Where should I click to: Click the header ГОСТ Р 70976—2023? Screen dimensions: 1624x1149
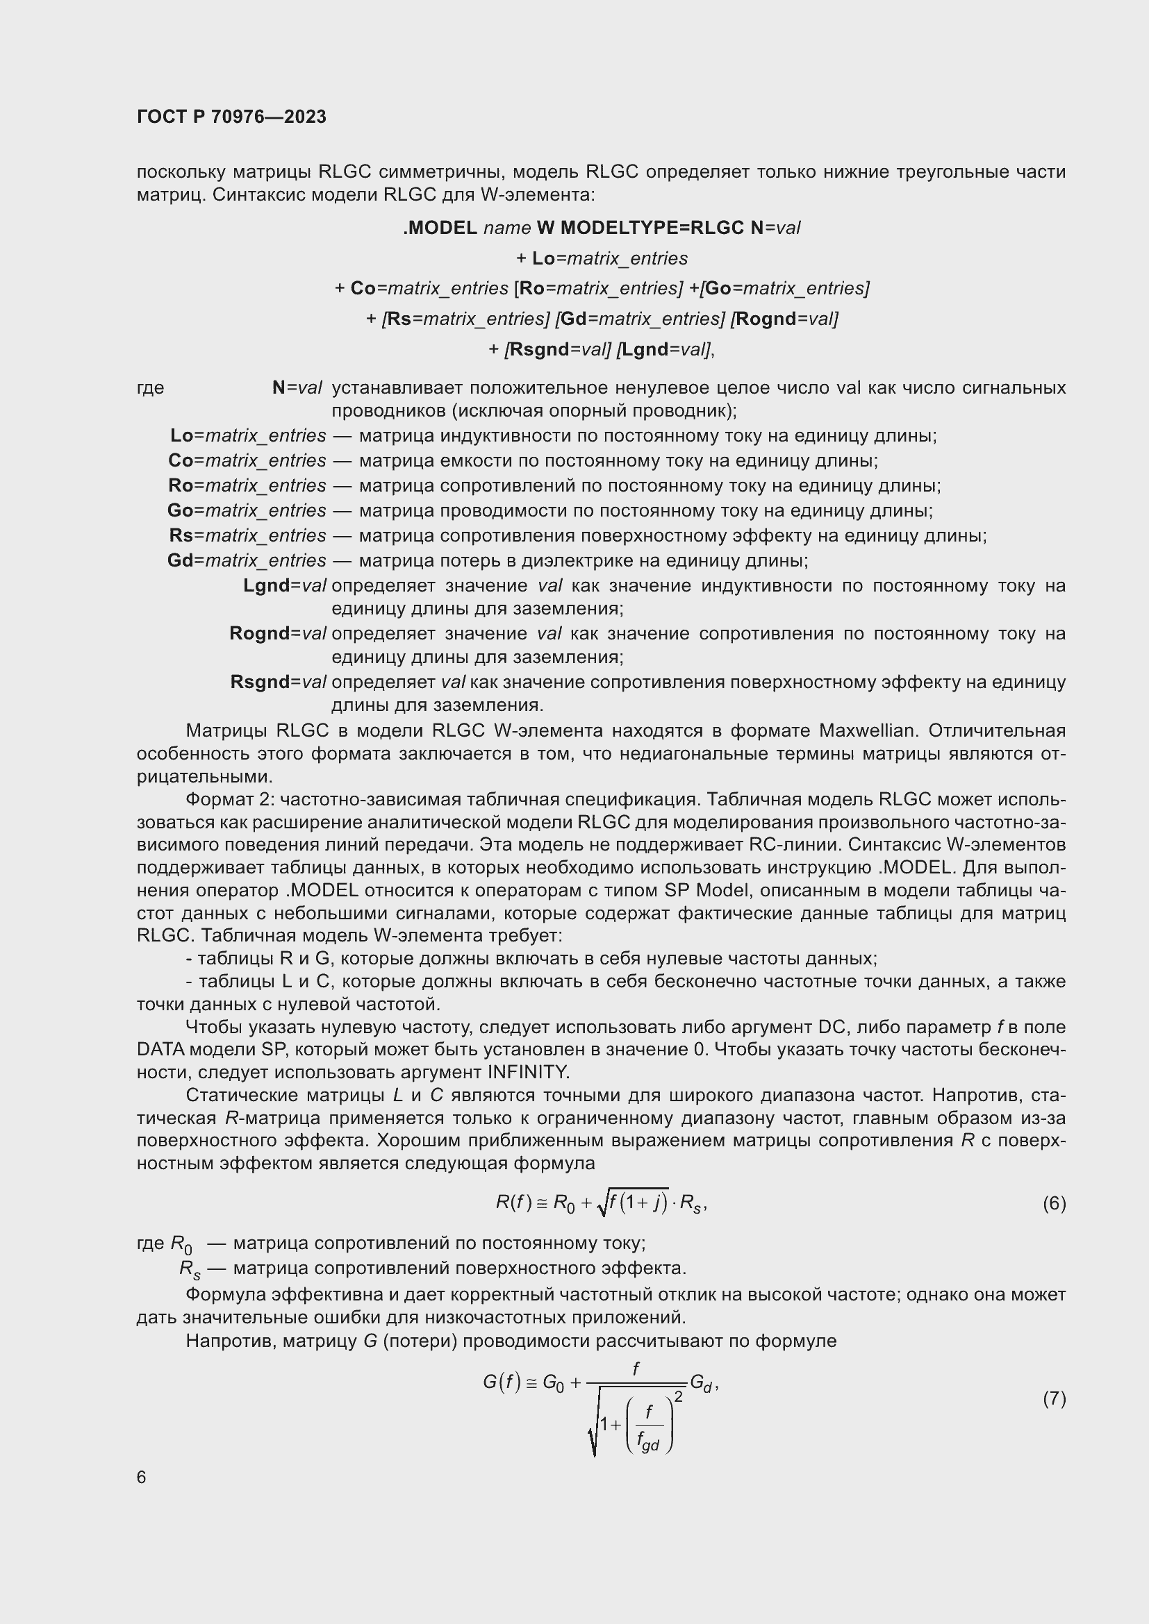(x=231, y=117)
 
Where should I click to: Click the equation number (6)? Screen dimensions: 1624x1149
(x=1054, y=1203)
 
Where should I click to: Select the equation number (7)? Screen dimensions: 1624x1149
(x=1054, y=1398)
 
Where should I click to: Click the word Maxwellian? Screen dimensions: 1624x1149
(x=867, y=730)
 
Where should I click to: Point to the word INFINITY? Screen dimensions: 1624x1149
(x=528, y=1071)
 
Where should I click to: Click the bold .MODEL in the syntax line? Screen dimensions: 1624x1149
(x=440, y=228)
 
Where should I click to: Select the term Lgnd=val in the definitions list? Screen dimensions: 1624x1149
(x=284, y=586)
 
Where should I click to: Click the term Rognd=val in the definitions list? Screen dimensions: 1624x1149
(x=277, y=633)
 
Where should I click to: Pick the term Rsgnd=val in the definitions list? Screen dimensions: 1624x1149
(x=278, y=682)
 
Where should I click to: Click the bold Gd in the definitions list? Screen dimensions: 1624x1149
(x=180, y=560)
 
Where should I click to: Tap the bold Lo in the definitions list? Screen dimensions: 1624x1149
(x=182, y=435)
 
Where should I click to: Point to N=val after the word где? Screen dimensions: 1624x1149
(x=297, y=387)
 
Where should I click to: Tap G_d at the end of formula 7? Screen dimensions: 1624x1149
(x=700, y=1384)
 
